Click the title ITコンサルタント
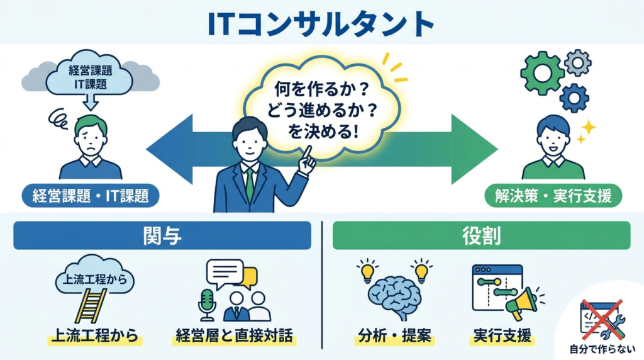[321, 23]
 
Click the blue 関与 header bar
[162, 235]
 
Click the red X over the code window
[601, 320]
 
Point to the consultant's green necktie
[250, 183]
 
